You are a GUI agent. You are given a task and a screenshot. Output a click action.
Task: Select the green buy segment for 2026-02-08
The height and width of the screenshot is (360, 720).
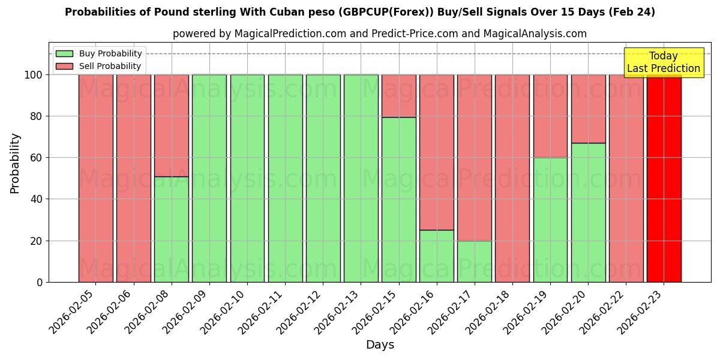pyautogui.click(x=172, y=229)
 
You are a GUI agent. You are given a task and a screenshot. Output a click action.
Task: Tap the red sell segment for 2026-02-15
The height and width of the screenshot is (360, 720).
pyautogui.click(x=399, y=96)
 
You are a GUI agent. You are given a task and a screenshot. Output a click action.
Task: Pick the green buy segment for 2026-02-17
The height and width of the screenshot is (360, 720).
pyautogui.click(x=475, y=261)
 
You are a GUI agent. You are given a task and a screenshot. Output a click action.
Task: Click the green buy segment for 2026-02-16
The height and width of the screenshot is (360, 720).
pyautogui.click(x=437, y=256)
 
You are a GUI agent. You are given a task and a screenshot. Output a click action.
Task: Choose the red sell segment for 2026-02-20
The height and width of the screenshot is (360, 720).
pyautogui.click(x=588, y=109)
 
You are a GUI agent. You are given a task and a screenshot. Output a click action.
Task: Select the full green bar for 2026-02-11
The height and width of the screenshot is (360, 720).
pyautogui.click(x=285, y=178)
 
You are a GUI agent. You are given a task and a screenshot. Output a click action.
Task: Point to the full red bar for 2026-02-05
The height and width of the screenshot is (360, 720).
pyautogui.click(x=96, y=178)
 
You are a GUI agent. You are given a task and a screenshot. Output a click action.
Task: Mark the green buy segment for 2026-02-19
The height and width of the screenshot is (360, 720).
pyautogui.click(x=550, y=220)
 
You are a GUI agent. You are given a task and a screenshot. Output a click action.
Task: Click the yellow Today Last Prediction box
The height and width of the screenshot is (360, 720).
pyautogui.click(x=664, y=62)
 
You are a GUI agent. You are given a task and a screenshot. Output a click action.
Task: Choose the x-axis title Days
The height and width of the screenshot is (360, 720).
pyautogui.click(x=380, y=345)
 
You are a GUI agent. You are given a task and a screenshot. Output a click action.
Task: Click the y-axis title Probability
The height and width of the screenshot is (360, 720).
pyautogui.click(x=15, y=163)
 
